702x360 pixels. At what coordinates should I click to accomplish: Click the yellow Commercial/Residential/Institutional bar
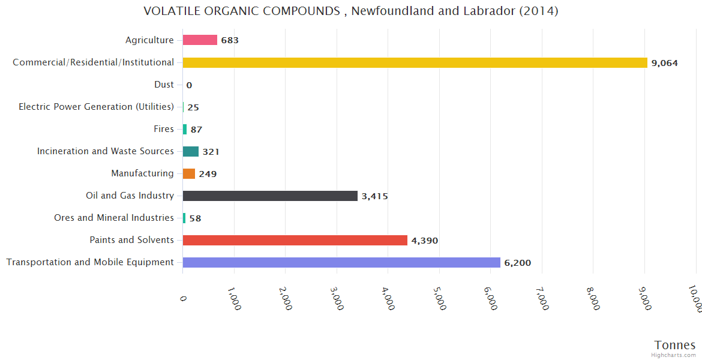[x=415, y=62]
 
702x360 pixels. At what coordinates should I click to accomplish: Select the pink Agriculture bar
[x=200, y=40]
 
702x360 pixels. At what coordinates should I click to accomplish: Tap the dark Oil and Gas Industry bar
[x=270, y=196]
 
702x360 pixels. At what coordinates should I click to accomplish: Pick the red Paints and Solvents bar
[x=295, y=240]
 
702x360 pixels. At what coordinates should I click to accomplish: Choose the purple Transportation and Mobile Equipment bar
[x=341, y=262]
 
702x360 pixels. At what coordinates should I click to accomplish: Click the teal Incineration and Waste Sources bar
[x=190, y=151]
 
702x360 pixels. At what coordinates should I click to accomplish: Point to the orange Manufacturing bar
[x=189, y=173]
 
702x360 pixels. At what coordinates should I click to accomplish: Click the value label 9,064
[x=664, y=63]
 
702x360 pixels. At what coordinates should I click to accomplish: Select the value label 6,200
[x=517, y=263]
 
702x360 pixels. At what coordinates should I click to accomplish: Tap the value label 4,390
[x=424, y=241]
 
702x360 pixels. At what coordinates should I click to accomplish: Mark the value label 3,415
[x=374, y=196]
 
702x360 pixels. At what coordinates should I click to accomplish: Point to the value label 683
[x=230, y=41]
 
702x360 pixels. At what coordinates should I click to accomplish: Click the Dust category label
[x=164, y=85]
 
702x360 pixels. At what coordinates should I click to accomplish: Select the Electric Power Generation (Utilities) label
[x=96, y=107]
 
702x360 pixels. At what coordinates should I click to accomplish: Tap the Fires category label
[x=164, y=129]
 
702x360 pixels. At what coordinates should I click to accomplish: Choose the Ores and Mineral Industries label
[x=113, y=218]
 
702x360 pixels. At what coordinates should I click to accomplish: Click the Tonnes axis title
[x=674, y=345]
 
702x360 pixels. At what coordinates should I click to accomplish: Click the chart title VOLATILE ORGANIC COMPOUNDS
[x=351, y=11]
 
